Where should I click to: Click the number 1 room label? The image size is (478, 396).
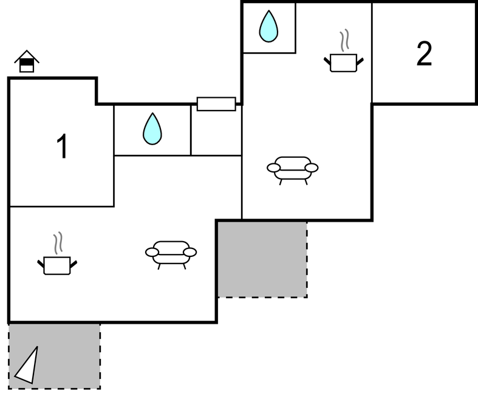62,148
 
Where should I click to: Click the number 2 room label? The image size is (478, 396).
424,54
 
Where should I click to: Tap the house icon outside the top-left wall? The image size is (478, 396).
27,62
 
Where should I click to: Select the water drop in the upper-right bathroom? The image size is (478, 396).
268,27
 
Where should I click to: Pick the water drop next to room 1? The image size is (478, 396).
152,129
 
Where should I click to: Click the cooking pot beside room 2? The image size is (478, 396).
343,61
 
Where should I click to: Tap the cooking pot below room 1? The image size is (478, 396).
57,265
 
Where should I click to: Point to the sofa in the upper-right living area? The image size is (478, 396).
293,168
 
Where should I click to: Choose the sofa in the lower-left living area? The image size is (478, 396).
171,253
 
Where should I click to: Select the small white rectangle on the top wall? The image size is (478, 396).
216,104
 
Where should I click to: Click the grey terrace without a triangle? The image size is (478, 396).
262,259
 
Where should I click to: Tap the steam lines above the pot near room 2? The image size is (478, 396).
345,41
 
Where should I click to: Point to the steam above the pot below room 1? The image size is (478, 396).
58,244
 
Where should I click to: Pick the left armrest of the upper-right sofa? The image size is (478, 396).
274,167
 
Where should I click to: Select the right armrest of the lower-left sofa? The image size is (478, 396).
189,252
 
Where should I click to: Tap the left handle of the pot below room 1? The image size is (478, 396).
41,264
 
